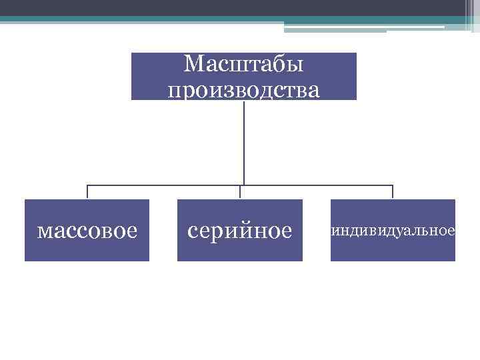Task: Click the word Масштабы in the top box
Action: [243, 64]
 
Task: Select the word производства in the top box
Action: [243, 89]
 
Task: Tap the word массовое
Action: [87, 231]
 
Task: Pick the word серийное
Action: [240, 231]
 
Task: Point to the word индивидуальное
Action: [393, 231]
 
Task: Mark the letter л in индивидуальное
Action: [426, 231]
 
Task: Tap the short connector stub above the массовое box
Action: [87, 192]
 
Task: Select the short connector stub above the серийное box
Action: [240, 192]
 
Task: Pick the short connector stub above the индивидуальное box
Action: [393, 192]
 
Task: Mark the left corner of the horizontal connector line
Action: [87, 185]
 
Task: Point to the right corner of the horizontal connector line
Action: [393, 185]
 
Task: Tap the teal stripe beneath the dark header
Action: [200, 19]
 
